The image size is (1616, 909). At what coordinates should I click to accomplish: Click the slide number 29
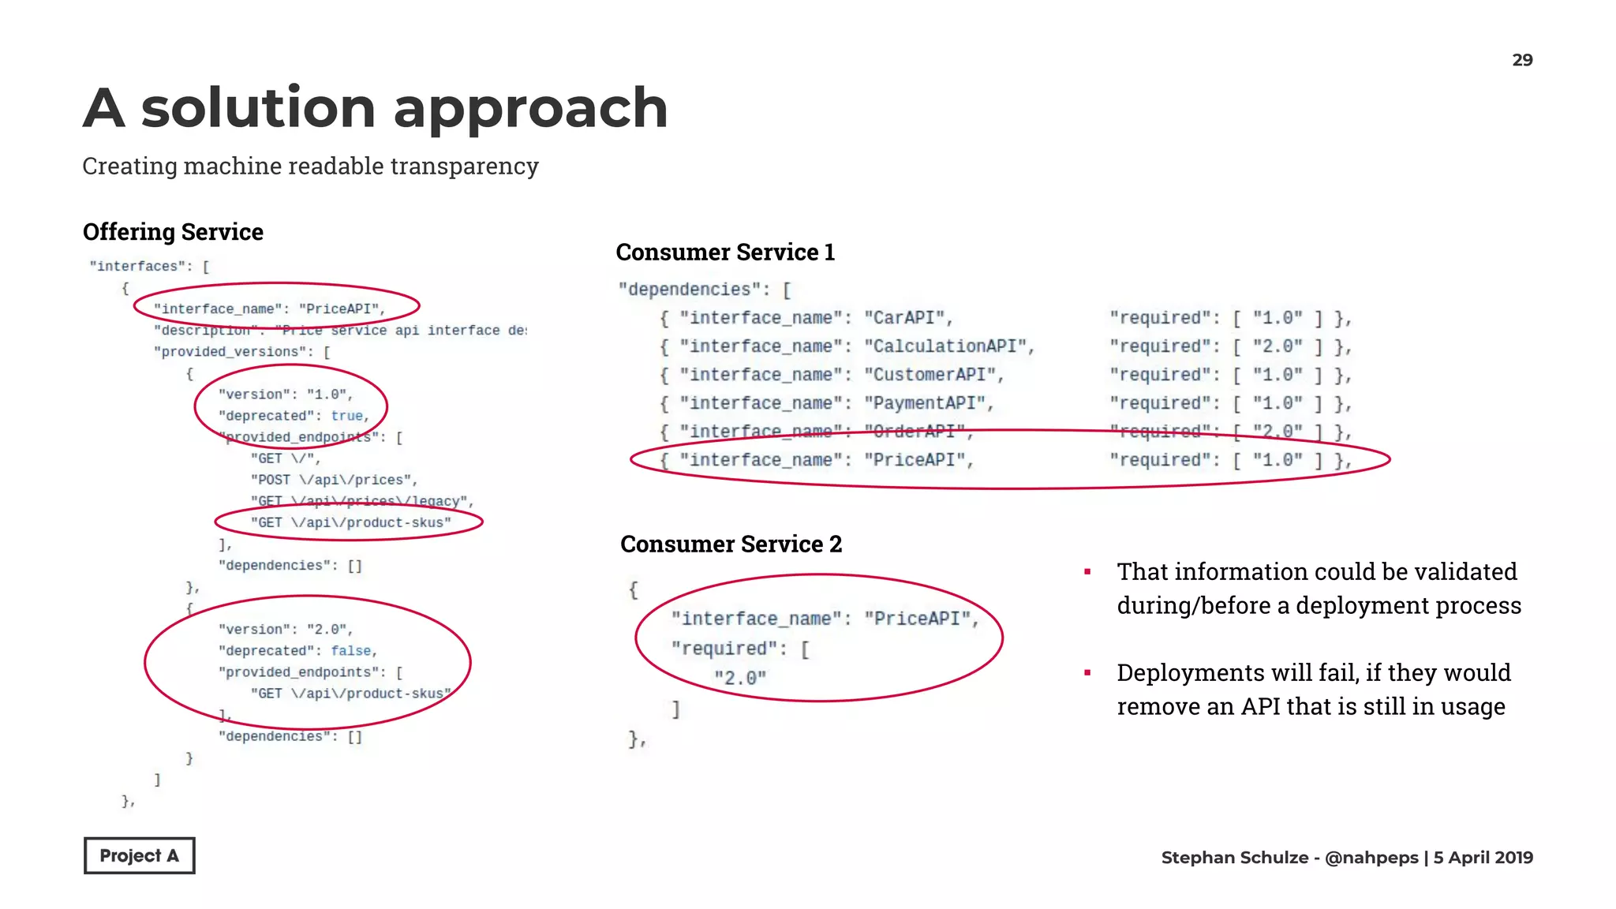(1522, 60)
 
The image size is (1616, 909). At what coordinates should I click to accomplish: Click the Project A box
(139, 855)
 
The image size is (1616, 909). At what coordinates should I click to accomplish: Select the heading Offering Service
(173, 232)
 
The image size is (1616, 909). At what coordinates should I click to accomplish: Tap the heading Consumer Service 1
(724, 252)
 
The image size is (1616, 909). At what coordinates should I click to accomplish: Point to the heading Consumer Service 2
(731, 544)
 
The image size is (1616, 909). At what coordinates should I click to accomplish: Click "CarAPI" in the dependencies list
(904, 318)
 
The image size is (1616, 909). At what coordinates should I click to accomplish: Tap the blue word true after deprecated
(347, 416)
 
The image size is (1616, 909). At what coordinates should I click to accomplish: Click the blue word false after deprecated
(351, 651)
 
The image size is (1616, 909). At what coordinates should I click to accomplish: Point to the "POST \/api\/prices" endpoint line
(332, 480)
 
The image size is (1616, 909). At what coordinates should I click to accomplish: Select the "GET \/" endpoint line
(284, 458)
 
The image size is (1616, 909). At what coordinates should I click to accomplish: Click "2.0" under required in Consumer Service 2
(739, 678)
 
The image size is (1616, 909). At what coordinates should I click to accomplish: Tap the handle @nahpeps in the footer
(1371, 858)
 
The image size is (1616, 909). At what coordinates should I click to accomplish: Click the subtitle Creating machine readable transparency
(310, 166)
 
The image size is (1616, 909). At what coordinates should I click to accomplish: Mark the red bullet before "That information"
(1087, 571)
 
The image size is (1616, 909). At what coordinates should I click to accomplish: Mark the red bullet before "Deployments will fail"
(1087, 672)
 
